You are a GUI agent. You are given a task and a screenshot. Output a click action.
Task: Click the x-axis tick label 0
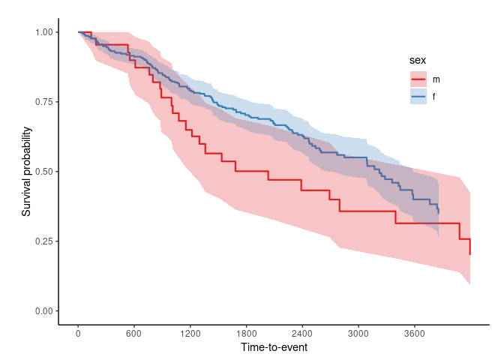pos(78,334)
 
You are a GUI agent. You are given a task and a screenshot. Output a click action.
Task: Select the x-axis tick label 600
pos(134,334)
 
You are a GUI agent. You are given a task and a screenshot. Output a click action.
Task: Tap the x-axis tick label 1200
pos(190,334)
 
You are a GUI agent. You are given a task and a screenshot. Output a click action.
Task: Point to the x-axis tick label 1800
pos(246,334)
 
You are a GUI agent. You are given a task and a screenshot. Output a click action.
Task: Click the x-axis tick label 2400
pos(302,334)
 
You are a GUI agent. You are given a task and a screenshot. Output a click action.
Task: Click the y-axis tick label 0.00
pos(43,311)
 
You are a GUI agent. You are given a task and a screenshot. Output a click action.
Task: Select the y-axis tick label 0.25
pos(43,241)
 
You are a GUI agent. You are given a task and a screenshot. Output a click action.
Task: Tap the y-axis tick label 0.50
pos(43,172)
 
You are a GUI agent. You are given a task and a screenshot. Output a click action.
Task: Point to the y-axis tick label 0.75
pos(43,102)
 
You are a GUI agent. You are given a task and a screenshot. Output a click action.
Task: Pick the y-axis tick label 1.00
pos(43,32)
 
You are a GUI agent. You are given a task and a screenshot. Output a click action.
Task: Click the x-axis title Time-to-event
pos(274,348)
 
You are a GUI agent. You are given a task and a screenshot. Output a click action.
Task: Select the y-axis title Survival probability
pos(26,172)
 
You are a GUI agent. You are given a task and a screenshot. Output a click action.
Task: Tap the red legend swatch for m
pos(418,79)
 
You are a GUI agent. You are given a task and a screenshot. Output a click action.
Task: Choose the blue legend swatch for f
pos(418,97)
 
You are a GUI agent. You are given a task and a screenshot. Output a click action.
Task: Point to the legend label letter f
pos(434,97)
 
